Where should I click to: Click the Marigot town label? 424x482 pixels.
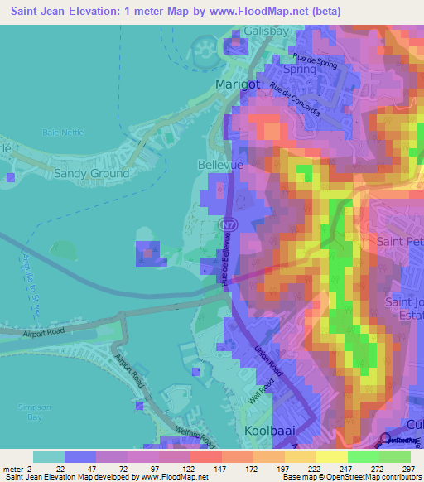coord(238,84)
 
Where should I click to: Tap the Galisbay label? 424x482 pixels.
coord(267,31)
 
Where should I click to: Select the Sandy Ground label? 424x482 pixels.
coord(91,174)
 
